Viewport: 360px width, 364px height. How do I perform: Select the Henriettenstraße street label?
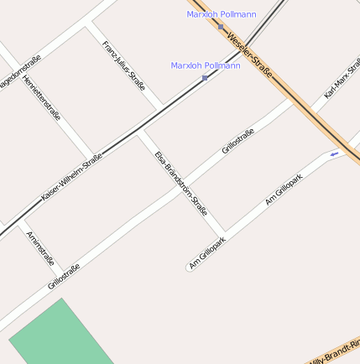click(x=42, y=98)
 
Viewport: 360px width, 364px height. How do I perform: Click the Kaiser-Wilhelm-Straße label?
click(x=71, y=177)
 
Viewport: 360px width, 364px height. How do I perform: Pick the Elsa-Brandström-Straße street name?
click(x=181, y=183)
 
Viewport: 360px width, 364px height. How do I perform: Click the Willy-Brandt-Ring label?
click(x=335, y=353)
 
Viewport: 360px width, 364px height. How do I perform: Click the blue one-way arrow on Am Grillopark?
click(x=334, y=154)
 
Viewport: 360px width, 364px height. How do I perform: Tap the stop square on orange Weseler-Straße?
click(x=221, y=26)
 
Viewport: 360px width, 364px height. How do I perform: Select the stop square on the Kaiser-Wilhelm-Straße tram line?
click(x=205, y=78)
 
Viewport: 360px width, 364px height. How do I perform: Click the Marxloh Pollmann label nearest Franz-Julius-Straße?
click(x=206, y=65)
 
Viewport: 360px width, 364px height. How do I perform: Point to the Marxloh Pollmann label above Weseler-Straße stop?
click(x=222, y=14)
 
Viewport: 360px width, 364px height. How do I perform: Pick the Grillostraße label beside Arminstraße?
click(x=64, y=277)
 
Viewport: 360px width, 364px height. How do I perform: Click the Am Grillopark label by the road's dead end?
click(x=207, y=252)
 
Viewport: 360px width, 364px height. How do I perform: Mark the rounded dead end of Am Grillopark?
click(x=189, y=268)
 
